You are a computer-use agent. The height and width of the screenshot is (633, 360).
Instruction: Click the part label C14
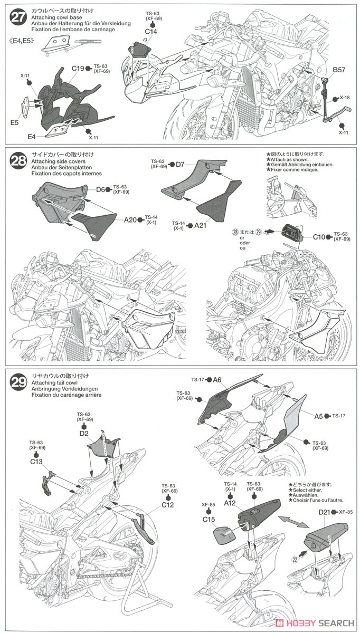tap(151, 31)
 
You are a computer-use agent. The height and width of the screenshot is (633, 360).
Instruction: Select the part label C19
tap(79, 69)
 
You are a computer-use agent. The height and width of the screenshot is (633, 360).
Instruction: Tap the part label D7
tap(180, 165)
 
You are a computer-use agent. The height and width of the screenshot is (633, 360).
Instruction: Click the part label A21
tap(200, 226)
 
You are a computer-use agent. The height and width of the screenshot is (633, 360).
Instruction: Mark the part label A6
tap(217, 380)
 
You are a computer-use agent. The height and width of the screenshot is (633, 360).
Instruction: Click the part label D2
tap(83, 433)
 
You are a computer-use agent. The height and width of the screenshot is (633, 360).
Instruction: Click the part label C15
tap(210, 519)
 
